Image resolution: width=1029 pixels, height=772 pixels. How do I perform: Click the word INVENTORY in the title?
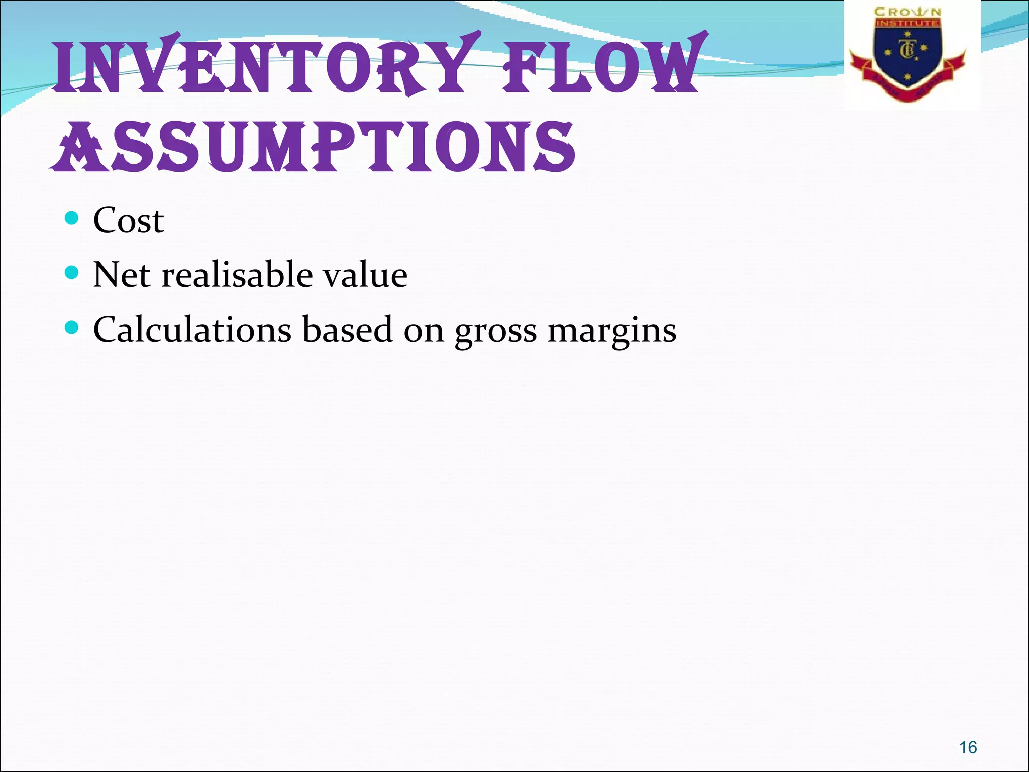(264, 65)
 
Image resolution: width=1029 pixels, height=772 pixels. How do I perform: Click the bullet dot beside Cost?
(72, 218)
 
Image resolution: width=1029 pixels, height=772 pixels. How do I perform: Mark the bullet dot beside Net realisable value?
(72, 273)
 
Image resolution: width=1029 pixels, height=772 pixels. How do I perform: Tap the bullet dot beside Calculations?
(72, 328)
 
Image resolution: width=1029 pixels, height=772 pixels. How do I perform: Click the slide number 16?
(968, 747)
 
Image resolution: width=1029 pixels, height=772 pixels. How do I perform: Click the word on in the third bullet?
(424, 331)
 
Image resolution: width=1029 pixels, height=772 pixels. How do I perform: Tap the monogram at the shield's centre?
(907, 50)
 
